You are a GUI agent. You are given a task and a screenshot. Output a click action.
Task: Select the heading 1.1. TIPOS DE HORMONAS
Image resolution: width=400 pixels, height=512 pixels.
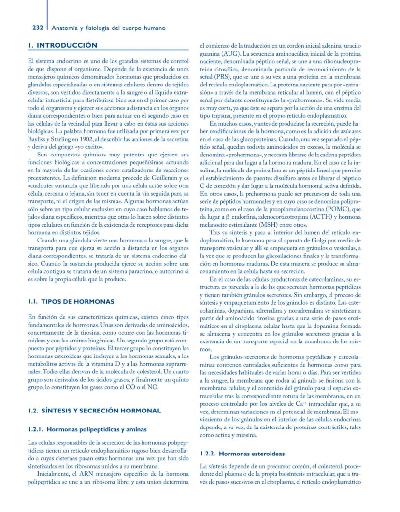tap(71, 302)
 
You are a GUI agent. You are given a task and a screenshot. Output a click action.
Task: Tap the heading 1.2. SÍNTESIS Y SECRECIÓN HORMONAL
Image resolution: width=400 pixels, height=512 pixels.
tap(94, 411)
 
